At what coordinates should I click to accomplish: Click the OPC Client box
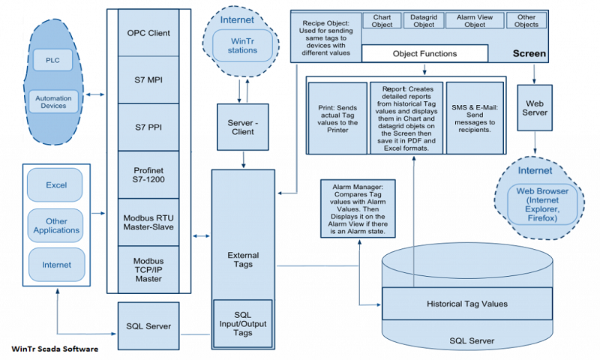pos(148,33)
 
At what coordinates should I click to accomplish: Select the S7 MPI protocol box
pos(148,80)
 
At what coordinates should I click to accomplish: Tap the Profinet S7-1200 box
pos(148,175)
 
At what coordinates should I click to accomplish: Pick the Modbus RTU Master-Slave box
pos(148,222)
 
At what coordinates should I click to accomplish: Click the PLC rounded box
pos(52,60)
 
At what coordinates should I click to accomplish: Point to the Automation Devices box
pos(53,102)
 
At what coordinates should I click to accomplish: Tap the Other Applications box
pos(55,226)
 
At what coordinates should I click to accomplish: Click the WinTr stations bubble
pos(242,46)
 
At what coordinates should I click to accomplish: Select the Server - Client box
pos(242,127)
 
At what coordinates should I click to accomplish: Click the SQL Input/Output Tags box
pos(242,324)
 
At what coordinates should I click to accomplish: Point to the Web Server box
pos(535,108)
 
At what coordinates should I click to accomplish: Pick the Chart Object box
pos(382,21)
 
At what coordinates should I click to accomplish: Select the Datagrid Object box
pos(424,21)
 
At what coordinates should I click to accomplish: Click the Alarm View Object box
pos(475,21)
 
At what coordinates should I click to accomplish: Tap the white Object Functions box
pos(424,53)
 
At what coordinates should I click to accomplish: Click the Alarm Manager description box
pos(358,209)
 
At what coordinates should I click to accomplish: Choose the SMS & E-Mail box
pos(475,118)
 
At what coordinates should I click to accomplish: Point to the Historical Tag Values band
pos(467,304)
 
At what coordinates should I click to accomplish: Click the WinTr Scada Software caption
pos(55,349)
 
